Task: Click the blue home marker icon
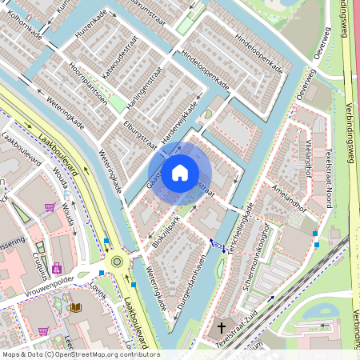(x=180, y=172)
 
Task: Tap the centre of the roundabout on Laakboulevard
(x=118, y=261)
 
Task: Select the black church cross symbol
(x=222, y=327)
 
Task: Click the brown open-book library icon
(x=75, y=307)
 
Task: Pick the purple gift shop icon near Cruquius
(x=56, y=268)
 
